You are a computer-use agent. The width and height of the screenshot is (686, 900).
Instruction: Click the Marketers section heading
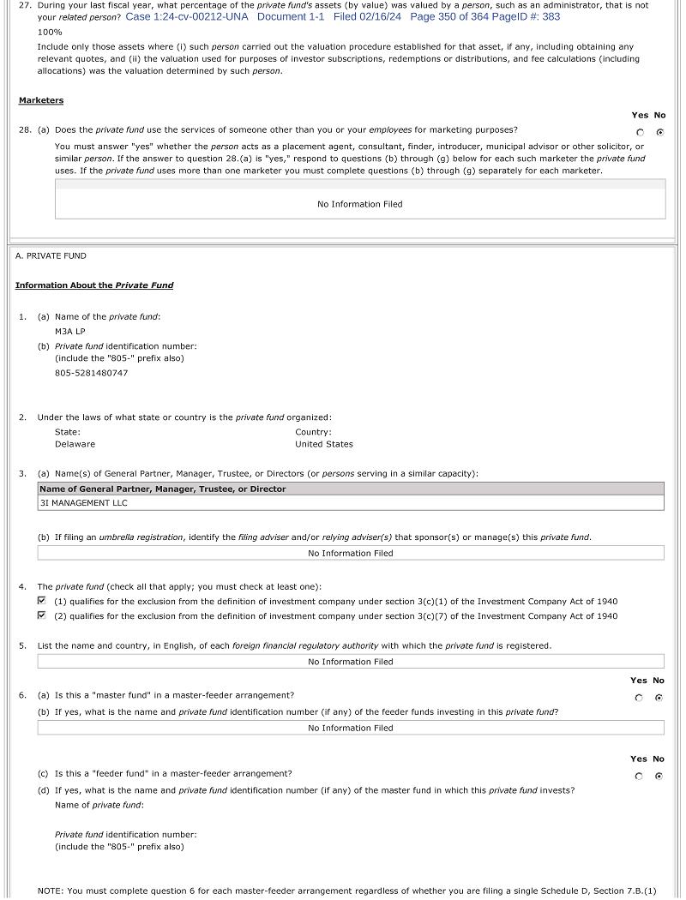41,100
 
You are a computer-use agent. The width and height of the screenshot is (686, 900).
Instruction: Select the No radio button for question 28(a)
659,132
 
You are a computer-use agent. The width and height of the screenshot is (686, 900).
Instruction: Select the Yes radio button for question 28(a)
640,132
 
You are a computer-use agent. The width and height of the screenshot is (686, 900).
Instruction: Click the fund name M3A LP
70,331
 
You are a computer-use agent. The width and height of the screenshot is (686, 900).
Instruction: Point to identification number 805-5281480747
91,373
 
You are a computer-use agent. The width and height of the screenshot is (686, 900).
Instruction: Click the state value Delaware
75,444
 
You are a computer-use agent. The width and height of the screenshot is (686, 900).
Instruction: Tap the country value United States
323,444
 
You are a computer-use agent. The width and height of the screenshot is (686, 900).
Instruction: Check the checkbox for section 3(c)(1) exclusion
42,601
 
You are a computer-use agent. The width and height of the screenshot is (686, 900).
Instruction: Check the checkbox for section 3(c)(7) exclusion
42,615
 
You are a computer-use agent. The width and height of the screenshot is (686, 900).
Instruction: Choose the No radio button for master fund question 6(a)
659,698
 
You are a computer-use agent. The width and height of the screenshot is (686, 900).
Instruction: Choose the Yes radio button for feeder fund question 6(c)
639,777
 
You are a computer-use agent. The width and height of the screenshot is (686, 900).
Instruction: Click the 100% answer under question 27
50,32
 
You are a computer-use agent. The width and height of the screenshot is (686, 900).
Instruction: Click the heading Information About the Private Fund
94,285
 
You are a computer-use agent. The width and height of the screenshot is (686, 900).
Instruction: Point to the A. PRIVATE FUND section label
51,255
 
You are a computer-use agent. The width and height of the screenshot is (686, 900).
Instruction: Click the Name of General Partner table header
162,489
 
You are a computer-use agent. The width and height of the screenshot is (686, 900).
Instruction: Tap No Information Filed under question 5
350,662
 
